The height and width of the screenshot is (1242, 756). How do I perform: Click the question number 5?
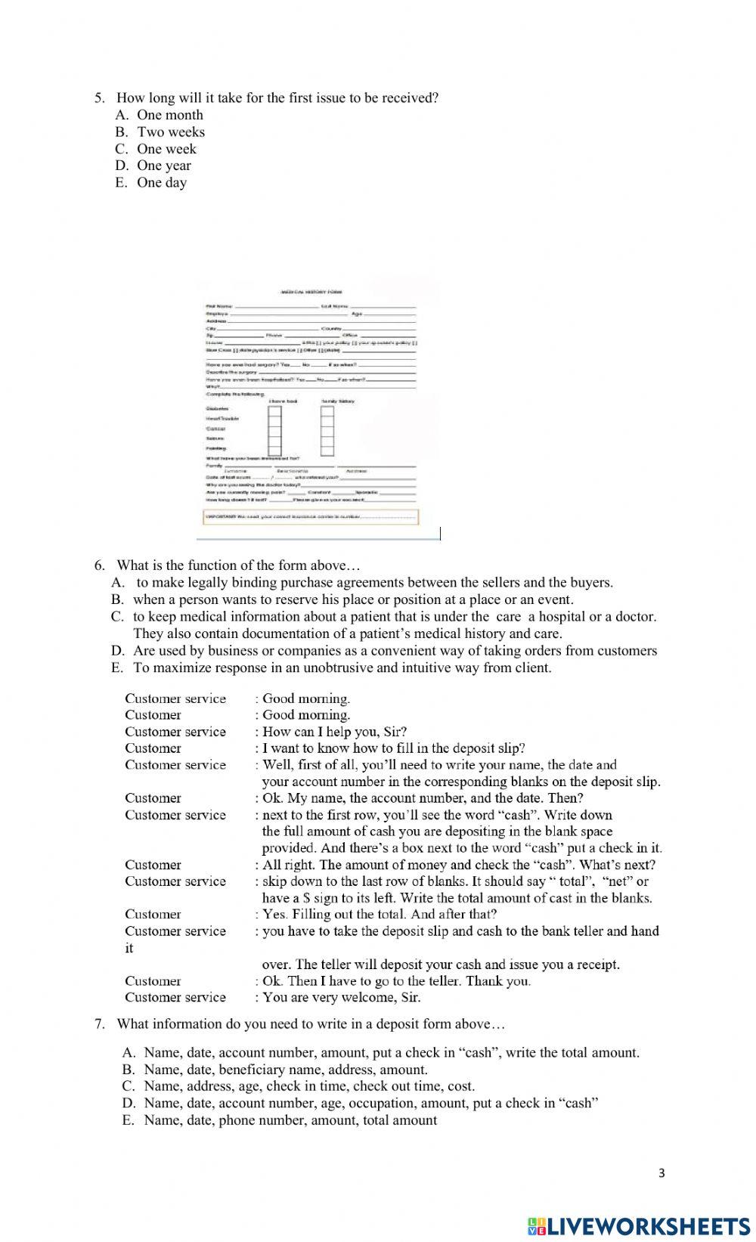98,98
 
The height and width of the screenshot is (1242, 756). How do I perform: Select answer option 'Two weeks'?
170,132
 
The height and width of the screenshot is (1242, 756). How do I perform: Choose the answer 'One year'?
163,166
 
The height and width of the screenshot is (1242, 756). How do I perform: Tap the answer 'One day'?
161,182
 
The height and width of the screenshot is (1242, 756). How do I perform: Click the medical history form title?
311,292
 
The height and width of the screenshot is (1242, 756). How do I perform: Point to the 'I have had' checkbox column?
274,431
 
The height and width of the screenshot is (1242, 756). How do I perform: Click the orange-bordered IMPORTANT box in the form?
310,517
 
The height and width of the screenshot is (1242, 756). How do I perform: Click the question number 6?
98,565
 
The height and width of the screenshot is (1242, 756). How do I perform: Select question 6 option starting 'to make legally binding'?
374,582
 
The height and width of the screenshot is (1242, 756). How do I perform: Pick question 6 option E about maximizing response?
342,667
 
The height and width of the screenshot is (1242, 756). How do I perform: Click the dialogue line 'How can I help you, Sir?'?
334,731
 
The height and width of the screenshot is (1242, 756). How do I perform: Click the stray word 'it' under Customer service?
129,948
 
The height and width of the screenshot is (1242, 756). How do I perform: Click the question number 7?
98,1024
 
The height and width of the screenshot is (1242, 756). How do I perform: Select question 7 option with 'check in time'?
309,1086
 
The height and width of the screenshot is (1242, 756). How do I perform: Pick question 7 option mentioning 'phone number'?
290,1120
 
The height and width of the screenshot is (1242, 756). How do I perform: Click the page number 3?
661,1173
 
